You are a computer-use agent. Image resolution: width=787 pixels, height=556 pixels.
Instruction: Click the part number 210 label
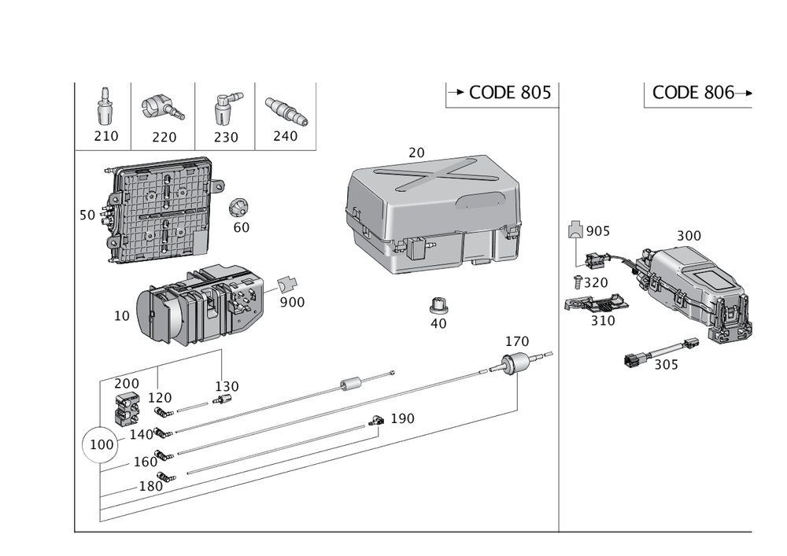[x=105, y=136]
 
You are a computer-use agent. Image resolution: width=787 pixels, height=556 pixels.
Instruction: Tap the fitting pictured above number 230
[x=225, y=109]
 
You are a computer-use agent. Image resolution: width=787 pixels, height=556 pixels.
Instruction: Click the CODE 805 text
[x=510, y=94]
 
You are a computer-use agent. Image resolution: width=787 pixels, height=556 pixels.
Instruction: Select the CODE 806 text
[x=693, y=93]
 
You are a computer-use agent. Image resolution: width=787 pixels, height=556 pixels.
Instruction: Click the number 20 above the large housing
[x=416, y=151]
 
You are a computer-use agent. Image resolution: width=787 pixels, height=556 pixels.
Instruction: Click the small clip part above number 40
[x=439, y=304]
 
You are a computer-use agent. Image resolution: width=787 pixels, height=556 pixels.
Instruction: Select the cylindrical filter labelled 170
[x=515, y=366]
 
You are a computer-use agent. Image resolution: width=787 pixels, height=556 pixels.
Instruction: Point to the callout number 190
[x=402, y=418]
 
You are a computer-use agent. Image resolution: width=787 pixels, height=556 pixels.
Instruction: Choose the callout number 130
[x=227, y=386]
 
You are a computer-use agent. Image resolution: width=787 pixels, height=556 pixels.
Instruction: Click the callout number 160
[x=145, y=461]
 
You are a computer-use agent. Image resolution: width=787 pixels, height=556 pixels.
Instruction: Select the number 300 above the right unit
[x=689, y=235]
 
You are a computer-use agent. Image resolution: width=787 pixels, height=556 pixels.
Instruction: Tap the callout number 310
[x=603, y=320]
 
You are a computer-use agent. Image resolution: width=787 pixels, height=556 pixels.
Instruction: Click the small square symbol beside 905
[x=575, y=230]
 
